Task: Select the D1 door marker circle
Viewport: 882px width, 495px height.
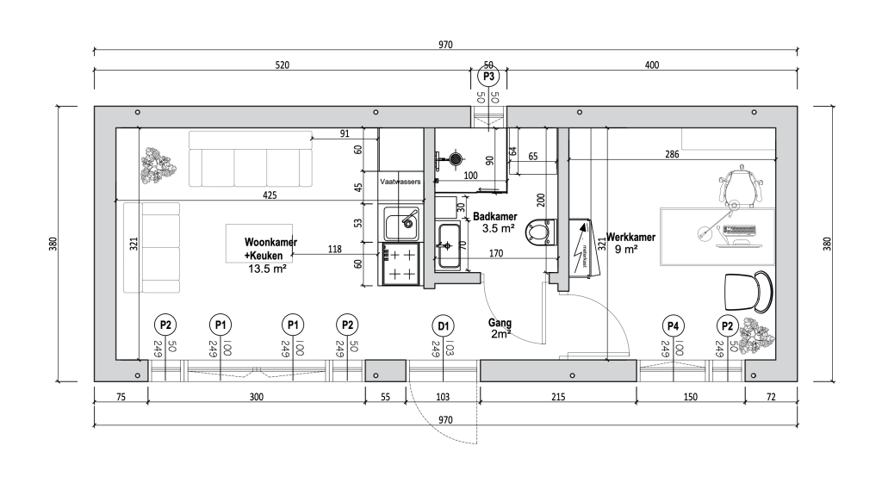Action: [x=443, y=325]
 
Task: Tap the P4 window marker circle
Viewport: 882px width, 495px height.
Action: [x=673, y=325]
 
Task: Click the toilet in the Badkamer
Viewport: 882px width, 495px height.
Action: [x=538, y=232]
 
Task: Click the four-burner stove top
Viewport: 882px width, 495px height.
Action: [x=401, y=264]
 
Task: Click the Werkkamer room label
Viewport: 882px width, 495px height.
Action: [x=631, y=238]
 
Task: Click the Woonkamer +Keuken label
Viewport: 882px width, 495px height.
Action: [x=270, y=249]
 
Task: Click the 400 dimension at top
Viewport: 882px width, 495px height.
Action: [x=651, y=65]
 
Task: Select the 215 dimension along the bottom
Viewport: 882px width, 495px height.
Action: [x=557, y=398]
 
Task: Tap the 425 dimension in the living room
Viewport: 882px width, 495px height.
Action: [x=270, y=195]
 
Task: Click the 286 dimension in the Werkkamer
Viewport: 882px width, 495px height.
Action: [x=672, y=156]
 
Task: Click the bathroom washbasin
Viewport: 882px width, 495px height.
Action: [x=449, y=245]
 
